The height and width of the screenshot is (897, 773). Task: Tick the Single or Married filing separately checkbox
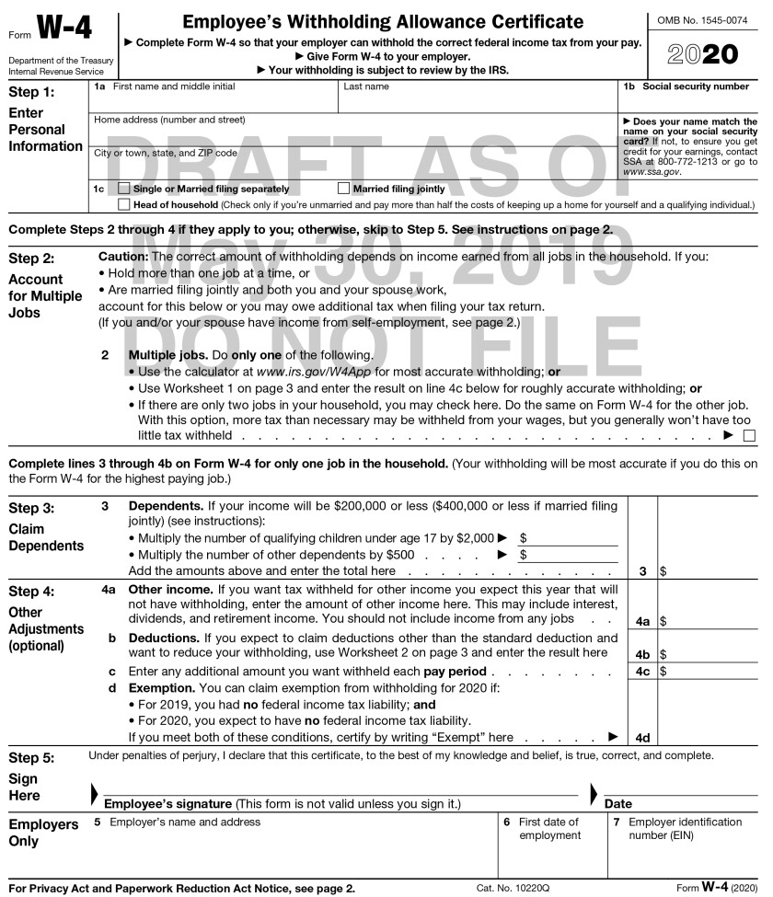click(125, 189)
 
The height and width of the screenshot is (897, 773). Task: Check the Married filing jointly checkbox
click(345, 189)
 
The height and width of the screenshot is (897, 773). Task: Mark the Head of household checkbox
click(125, 204)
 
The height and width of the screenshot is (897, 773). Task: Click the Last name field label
click(366, 86)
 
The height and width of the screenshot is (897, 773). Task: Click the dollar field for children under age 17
click(571, 537)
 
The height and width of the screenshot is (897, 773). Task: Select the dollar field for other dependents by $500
click(571, 555)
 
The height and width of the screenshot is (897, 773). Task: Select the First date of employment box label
click(549, 829)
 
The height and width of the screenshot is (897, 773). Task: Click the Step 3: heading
click(31, 508)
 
